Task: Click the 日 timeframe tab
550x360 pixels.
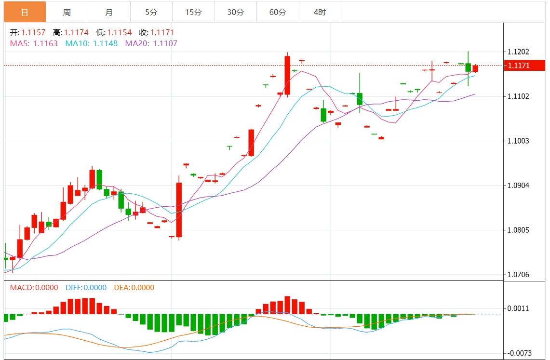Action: tap(25, 12)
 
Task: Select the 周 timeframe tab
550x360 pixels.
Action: tap(67, 12)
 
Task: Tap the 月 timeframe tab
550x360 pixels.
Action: tap(109, 12)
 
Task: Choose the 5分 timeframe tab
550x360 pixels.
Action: tap(151, 12)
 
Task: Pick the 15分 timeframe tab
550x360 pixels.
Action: tap(193, 12)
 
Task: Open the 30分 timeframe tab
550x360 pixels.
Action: tap(235, 12)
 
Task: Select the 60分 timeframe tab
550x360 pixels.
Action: tap(278, 12)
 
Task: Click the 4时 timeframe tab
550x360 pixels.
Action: tap(320, 12)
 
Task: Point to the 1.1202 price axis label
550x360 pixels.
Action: tap(518, 52)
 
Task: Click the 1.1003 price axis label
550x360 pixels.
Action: tap(518, 141)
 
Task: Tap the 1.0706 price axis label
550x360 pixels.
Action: tap(518, 275)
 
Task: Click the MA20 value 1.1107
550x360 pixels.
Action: tap(165, 43)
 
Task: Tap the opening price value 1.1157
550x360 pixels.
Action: tap(33, 33)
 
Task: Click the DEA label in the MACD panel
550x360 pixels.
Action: tap(121, 288)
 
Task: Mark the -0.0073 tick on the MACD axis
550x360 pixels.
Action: tap(518, 353)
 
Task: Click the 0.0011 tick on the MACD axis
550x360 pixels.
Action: tap(518, 308)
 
